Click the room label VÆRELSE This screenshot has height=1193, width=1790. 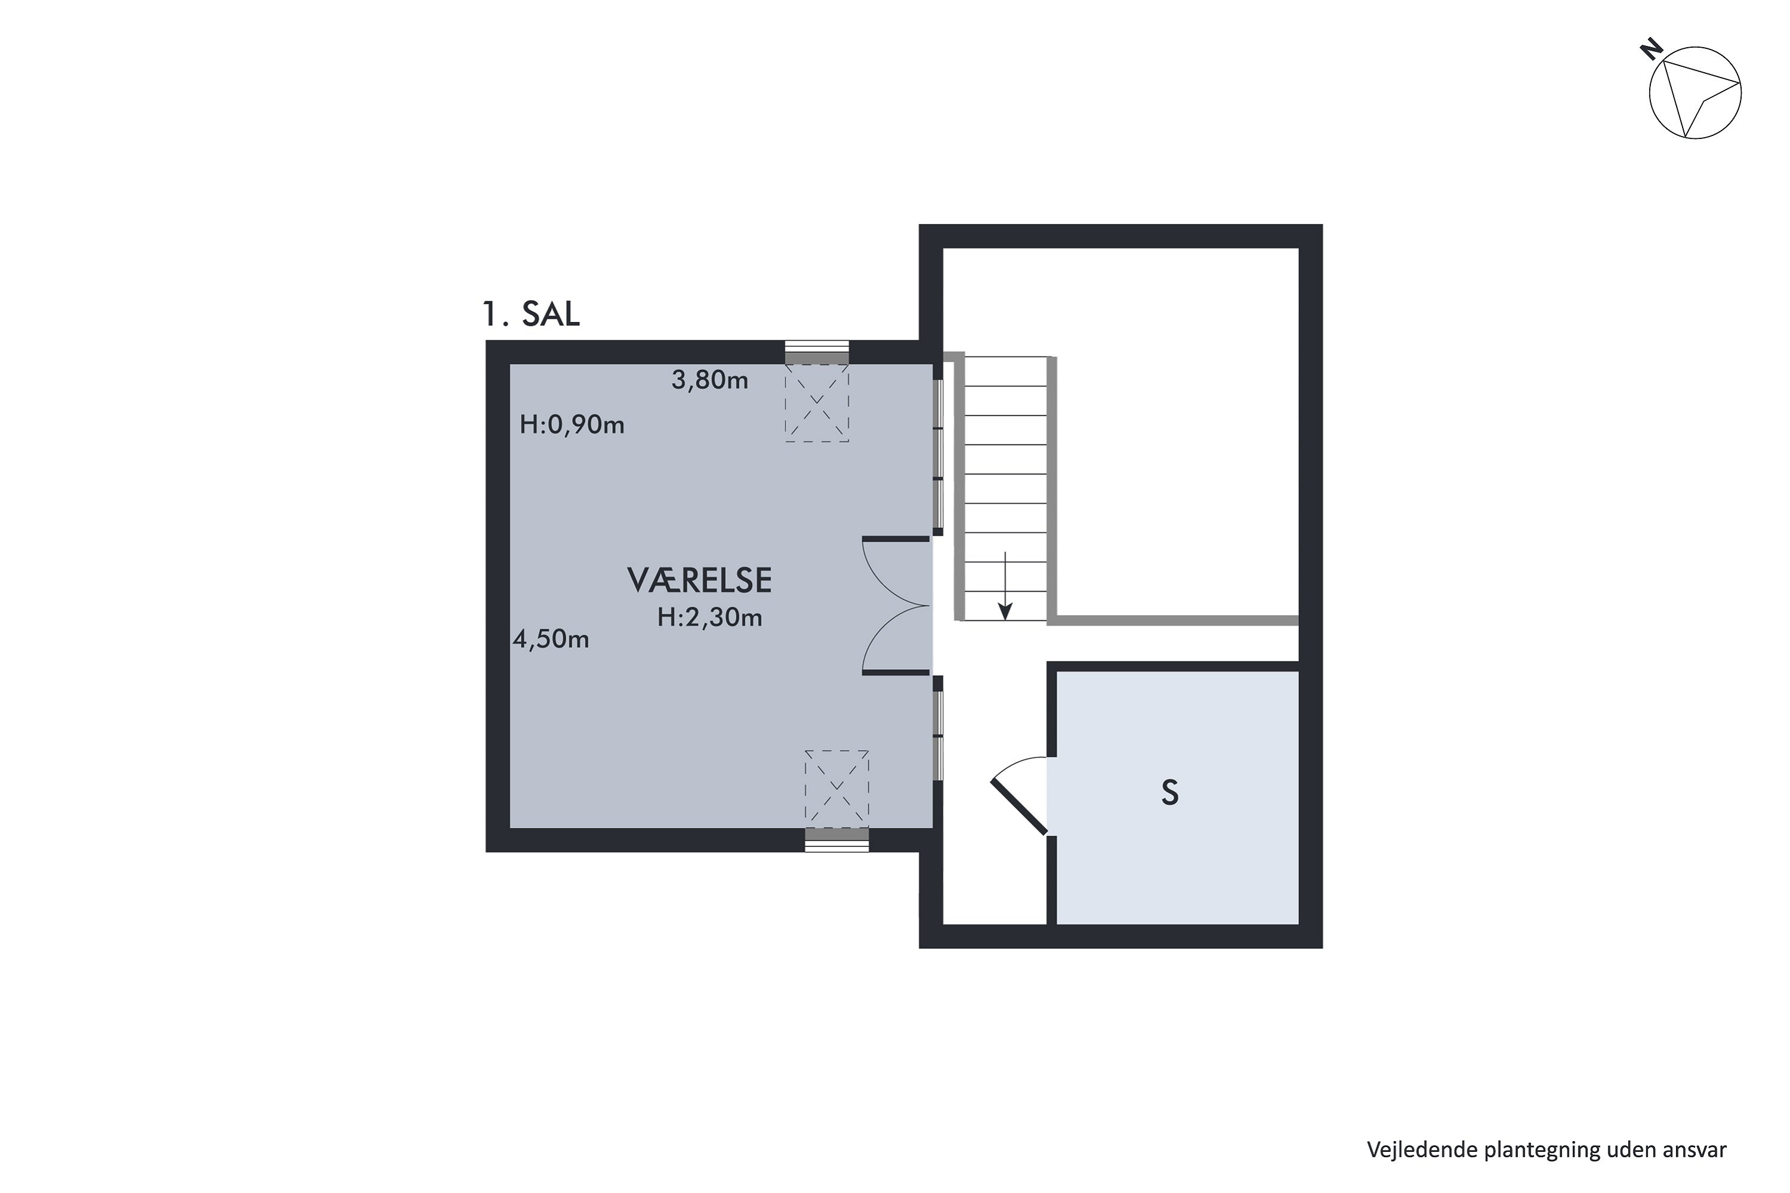pos(699,580)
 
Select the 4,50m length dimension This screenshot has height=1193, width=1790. pos(551,639)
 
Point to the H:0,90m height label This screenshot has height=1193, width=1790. pos(572,425)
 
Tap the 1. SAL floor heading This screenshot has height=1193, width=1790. pos(531,314)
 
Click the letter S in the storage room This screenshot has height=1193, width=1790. pos(1169,793)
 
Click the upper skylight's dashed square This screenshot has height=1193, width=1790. pos(817,403)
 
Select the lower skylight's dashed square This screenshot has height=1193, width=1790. pos(837,788)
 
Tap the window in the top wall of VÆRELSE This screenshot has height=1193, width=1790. pos(817,353)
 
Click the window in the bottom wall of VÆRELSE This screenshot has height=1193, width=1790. pos(837,840)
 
